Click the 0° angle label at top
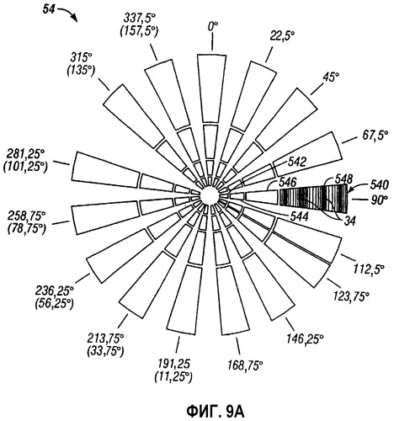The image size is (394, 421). point(213,27)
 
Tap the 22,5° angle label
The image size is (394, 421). point(282,36)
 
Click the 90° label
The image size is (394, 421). point(378,200)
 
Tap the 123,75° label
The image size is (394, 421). point(351,296)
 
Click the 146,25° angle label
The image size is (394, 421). point(305,338)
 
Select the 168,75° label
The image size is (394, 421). point(244,366)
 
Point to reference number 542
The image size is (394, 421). point(296,162)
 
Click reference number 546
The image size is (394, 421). point(288,183)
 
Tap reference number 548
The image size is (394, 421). point(344,179)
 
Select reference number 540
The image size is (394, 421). point(380,185)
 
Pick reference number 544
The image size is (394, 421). point(299,216)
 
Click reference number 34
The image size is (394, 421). point(349,221)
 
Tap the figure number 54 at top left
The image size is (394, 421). point(50,10)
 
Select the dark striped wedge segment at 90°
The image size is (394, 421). point(314,199)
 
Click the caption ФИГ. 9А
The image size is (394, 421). point(216,412)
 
